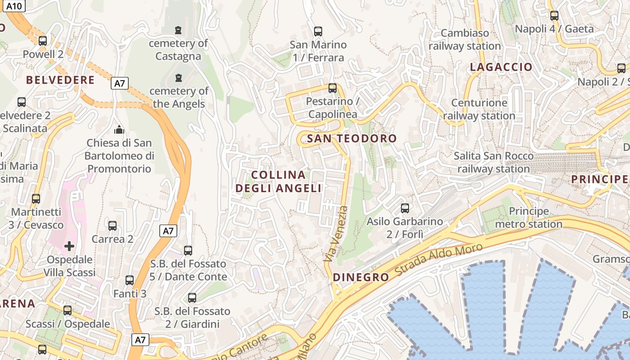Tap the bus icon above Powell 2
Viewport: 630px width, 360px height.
click(43, 40)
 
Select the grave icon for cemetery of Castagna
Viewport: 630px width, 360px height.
click(178, 30)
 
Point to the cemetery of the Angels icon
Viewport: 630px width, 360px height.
click(179, 78)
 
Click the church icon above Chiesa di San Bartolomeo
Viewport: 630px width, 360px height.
click(119, 130)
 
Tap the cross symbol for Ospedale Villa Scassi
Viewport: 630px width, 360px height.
click(69, 246)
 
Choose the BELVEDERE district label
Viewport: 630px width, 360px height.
click(60, 81)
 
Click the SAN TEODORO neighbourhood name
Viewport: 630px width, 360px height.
click(352, 139)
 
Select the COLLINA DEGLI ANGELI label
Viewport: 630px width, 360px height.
click(279, 181)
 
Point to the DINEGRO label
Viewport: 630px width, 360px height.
click(361, 277)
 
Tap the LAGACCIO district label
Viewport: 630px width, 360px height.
click(501, 67)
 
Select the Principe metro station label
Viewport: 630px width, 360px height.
click(529, 217)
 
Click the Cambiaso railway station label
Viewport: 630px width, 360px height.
click(465, 40)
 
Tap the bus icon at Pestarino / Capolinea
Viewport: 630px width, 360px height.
click(333, 88)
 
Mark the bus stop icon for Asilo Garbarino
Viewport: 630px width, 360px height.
click(405, 208)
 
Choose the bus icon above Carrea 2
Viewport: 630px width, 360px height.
click(112, 225)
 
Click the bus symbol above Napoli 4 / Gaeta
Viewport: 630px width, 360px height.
click(554, 16)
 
